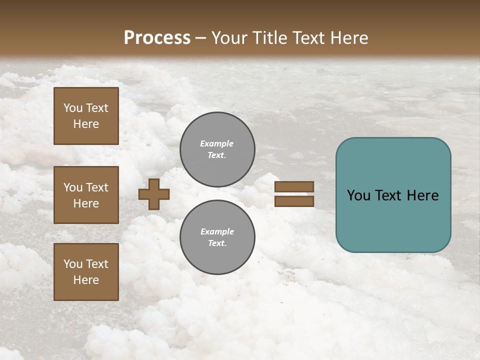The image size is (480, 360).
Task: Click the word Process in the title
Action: [x=157, y=38]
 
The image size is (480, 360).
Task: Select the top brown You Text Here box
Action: [x=86, y=116]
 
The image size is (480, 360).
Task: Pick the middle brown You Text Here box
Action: [x=86, y=195]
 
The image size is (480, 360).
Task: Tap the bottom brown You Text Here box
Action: [x=86, y=272]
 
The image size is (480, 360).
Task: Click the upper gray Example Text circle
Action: [x=217, y=149]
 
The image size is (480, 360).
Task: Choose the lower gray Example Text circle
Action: [x=217, y=237]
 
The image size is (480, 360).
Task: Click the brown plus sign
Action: [x=154, y=194]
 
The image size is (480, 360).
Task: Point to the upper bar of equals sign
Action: [x=294, y=187]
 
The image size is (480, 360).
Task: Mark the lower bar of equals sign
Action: [x=294, y=201]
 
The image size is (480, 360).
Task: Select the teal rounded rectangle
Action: [x=393, y=195]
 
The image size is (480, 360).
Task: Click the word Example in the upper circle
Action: [x=217, y=143]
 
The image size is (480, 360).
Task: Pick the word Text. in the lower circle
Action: [x=217, y=243]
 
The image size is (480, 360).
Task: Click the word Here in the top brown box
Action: [x=86, y=124]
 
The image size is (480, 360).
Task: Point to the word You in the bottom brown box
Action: [x=73, y=264]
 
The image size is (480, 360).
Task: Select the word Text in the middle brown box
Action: [x=97, y=187]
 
